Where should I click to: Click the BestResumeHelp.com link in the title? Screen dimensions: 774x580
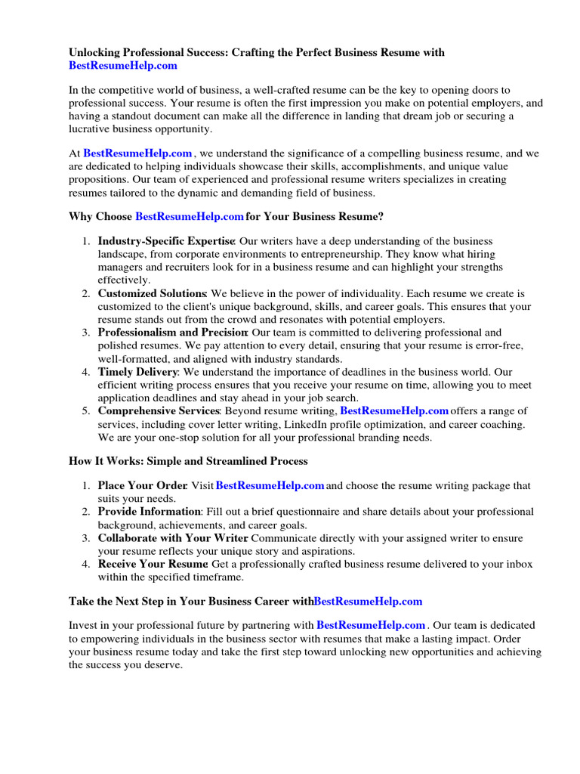pos(123,66)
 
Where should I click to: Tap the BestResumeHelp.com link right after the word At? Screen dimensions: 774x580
pos(137,153)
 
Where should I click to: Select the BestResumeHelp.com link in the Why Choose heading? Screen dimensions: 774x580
pos(189,216)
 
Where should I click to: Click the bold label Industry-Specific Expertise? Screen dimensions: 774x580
pos(165,240)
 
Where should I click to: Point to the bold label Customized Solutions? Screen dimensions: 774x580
pos(151,293)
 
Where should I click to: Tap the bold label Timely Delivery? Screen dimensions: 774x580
pos(137,371)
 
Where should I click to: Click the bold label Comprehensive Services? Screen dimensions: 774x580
pos(159,410)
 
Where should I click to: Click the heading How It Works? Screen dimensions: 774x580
pos(188,460)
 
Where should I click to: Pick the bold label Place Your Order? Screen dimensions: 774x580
pos(142,485)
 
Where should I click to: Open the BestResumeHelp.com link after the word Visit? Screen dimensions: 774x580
pos(270,485)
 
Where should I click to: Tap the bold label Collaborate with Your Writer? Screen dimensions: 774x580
pos(172,537)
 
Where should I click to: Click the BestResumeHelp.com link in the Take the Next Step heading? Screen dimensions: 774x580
pos(368,601)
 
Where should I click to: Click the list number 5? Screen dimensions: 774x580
pos(86,411)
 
